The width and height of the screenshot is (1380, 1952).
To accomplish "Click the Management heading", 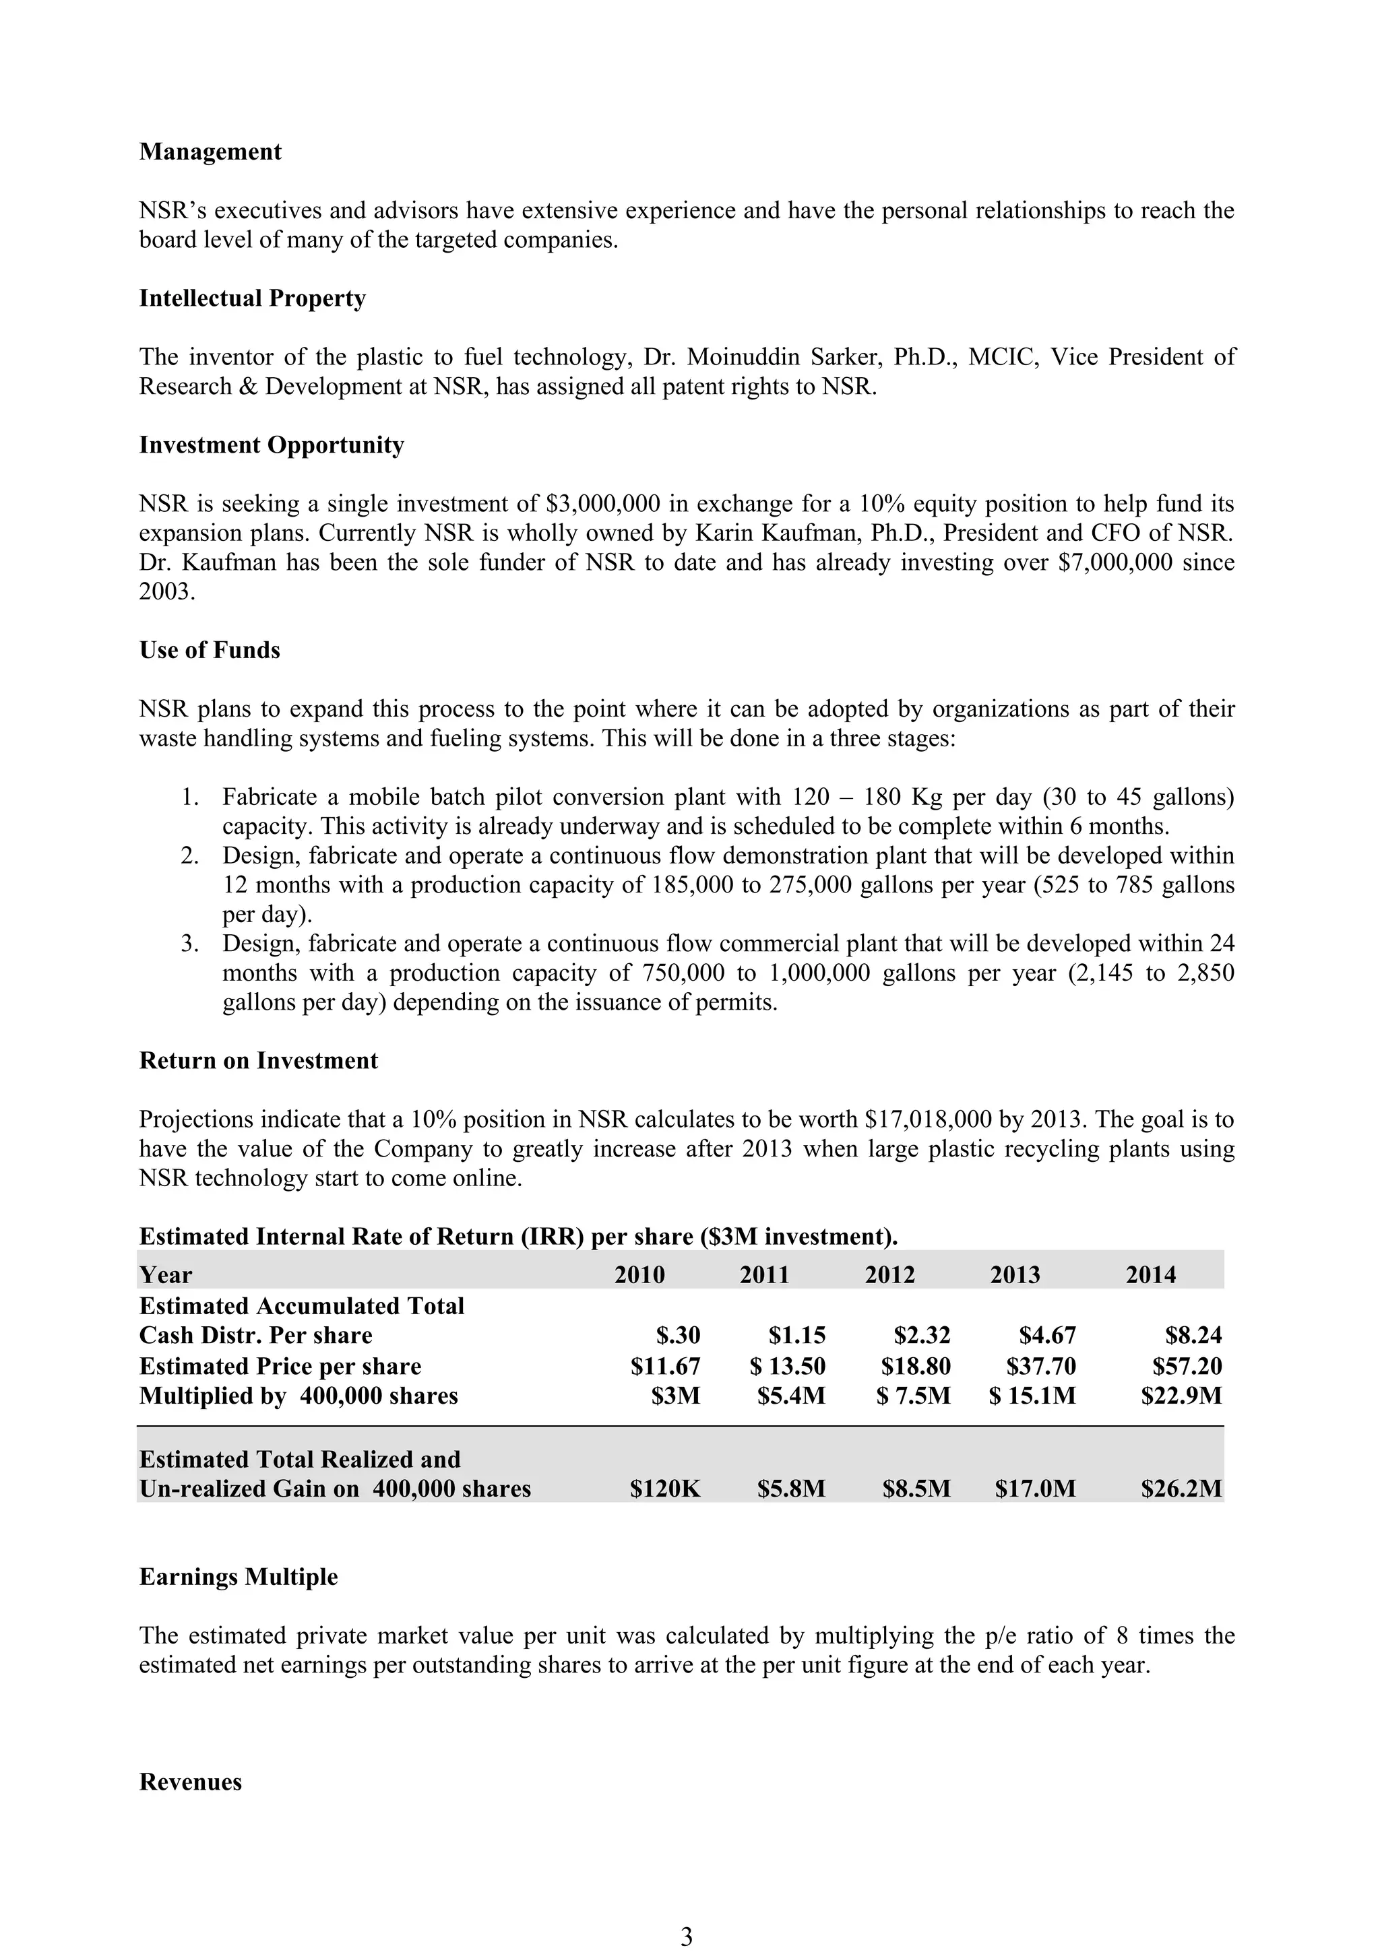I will pyautogui.click(x=210, y=152).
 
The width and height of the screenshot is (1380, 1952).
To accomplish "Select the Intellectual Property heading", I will pyautogui.click(x=253, y=298).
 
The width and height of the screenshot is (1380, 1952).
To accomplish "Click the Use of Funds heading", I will pyautogui.click(x=209, y=651).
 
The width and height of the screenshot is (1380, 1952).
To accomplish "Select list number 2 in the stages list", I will pyautogui.click(x=189, y=856).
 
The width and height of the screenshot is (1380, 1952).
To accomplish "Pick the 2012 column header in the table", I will pyautogui.click(x=889, y=1274).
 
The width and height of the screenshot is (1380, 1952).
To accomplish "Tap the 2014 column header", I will pyautogui.click(x=1150, y=1274).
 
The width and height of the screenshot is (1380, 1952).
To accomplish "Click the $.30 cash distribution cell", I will pyautogui.click(x=678, y=1335).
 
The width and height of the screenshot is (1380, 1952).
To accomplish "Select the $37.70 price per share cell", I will pyautogui.click(x=1041, y=1366).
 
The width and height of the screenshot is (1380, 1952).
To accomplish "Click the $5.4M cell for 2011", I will pyautogui.click(x=791, y=1396).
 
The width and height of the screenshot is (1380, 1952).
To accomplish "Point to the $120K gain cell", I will pyautogui.click(x=665, y=1489).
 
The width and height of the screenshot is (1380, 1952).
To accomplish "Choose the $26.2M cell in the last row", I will pyautogui.click(x=1181, y=1489).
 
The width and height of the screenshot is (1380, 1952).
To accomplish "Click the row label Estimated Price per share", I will pyautogui.click(x=280, y=1366).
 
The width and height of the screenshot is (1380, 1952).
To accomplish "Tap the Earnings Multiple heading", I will pyautogui.click(x=238, y=1577).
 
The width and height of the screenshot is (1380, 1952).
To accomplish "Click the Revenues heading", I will pyautogui.click(x=191, y=1782).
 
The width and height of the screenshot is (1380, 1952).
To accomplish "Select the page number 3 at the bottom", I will pyautogui.click(x=687, y=1937).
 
